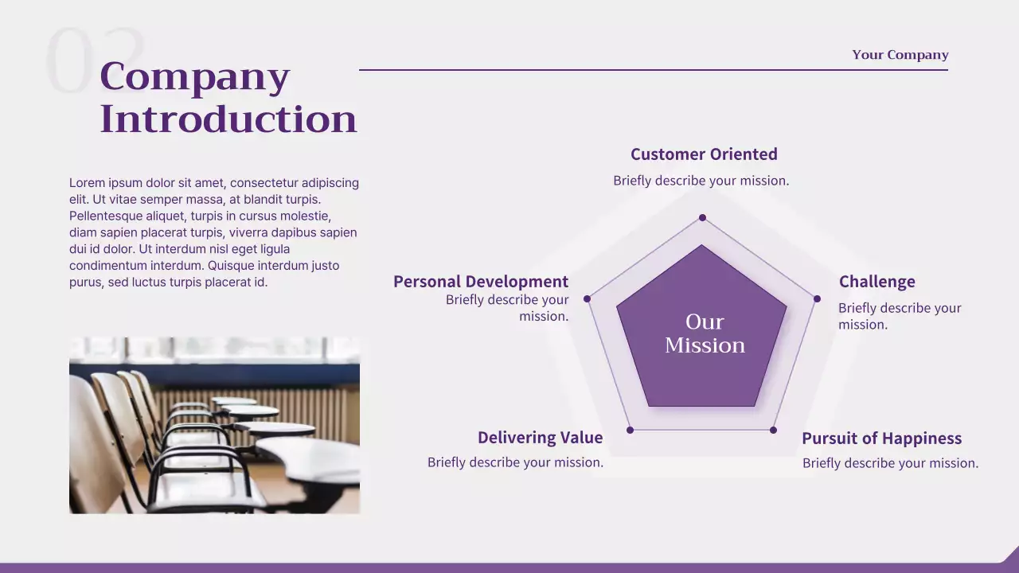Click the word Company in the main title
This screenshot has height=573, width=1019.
195,77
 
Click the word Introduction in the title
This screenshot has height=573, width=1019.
228,119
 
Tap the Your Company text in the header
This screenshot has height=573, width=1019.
900,55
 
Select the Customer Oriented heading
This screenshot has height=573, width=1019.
704,154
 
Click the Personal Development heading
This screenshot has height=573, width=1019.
481,282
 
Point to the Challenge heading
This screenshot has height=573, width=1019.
877,282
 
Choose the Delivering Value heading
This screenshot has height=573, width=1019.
540,438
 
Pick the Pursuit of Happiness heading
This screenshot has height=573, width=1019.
881,439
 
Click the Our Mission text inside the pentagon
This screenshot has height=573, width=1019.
705,333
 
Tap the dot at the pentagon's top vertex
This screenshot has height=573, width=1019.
702,218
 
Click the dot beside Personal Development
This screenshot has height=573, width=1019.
587,298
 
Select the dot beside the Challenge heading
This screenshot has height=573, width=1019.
817,298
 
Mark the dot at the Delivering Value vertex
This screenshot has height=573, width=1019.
630,431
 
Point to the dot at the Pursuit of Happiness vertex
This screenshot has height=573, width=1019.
773,431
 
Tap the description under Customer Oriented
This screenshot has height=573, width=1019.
701,181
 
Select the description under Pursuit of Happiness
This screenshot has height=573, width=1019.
890,463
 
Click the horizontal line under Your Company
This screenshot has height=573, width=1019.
654,70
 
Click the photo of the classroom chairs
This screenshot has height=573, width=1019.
214,425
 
